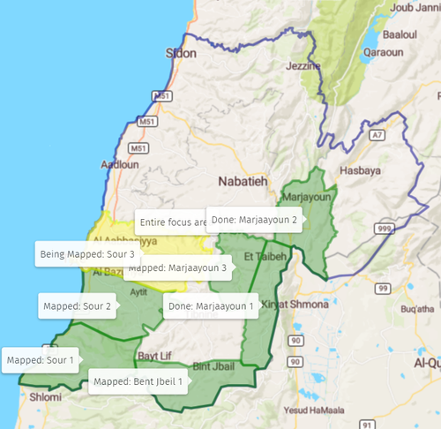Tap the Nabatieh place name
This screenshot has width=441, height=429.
point(243,181)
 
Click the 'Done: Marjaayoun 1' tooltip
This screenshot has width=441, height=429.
point(211,306)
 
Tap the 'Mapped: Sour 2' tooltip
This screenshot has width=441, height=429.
point(77,306)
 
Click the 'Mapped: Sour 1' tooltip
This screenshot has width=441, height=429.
point(40,359)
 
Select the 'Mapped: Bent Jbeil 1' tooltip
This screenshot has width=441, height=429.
point(138,382)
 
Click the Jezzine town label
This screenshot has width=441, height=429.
point(302,66)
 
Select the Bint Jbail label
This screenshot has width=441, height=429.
point(213,365)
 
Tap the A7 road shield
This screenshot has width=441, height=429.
point(377,135)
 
